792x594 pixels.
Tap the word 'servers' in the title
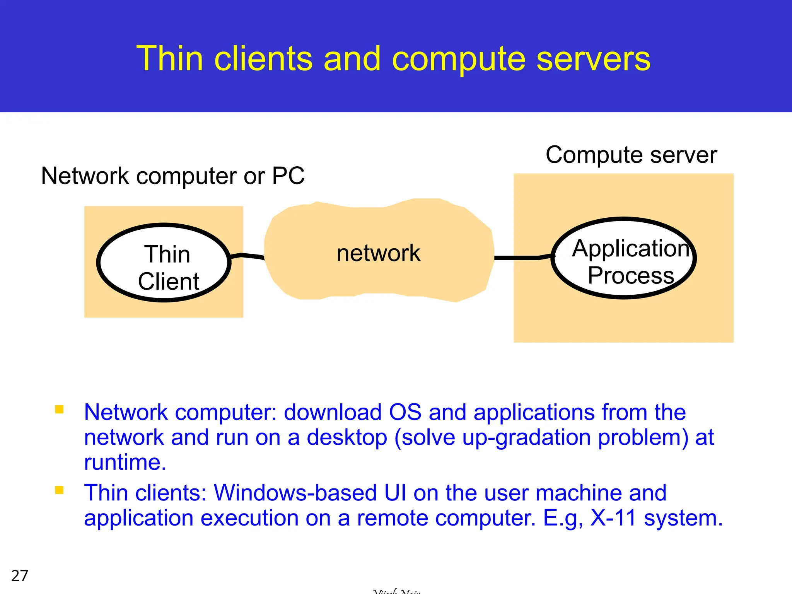[x=593, y=59]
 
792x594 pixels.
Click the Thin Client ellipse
[x=164, y=263]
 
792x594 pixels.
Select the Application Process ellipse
[x=623, y=258]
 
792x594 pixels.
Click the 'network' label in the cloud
[x=378, y=253]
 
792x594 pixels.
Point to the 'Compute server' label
[x=631, y=155]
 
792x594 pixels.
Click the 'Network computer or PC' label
[x=172, y=176]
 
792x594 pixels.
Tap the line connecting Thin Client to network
[x=247, y=256]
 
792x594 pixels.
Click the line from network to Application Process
[x=518, y=258]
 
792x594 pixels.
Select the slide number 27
[x=20, y=575]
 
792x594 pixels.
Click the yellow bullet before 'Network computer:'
[x=59, y=410]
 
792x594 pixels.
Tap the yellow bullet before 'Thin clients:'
[x=59, y=490]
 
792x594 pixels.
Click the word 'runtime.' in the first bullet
[x=125, y=462]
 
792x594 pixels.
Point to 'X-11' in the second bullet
[x=613, y=518]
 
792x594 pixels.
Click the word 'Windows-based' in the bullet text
[x=295, y=493]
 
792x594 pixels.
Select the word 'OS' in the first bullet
[x=405, y=412]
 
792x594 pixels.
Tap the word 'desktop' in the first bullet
[x=347, y=437]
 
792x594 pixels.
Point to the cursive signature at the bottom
[x=397, y=591]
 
